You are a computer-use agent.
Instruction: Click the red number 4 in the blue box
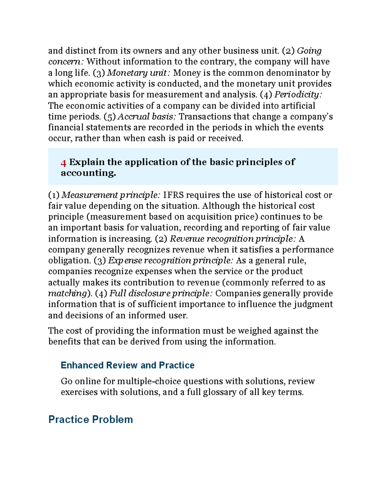64,163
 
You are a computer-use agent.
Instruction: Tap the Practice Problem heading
90,419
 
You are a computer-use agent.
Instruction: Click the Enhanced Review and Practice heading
127,365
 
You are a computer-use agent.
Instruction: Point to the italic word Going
309,51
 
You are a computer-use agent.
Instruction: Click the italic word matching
67,293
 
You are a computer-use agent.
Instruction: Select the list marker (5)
109,117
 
